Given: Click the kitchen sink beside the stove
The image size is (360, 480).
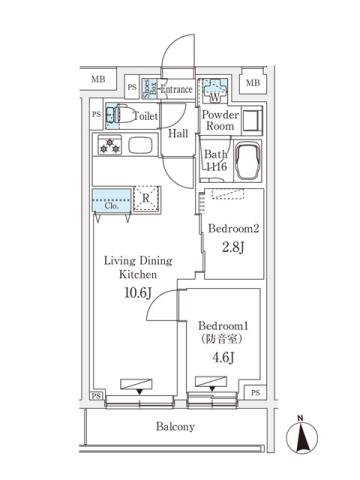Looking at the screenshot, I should [136, 147].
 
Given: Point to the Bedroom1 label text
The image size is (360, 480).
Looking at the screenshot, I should [221, 328].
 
